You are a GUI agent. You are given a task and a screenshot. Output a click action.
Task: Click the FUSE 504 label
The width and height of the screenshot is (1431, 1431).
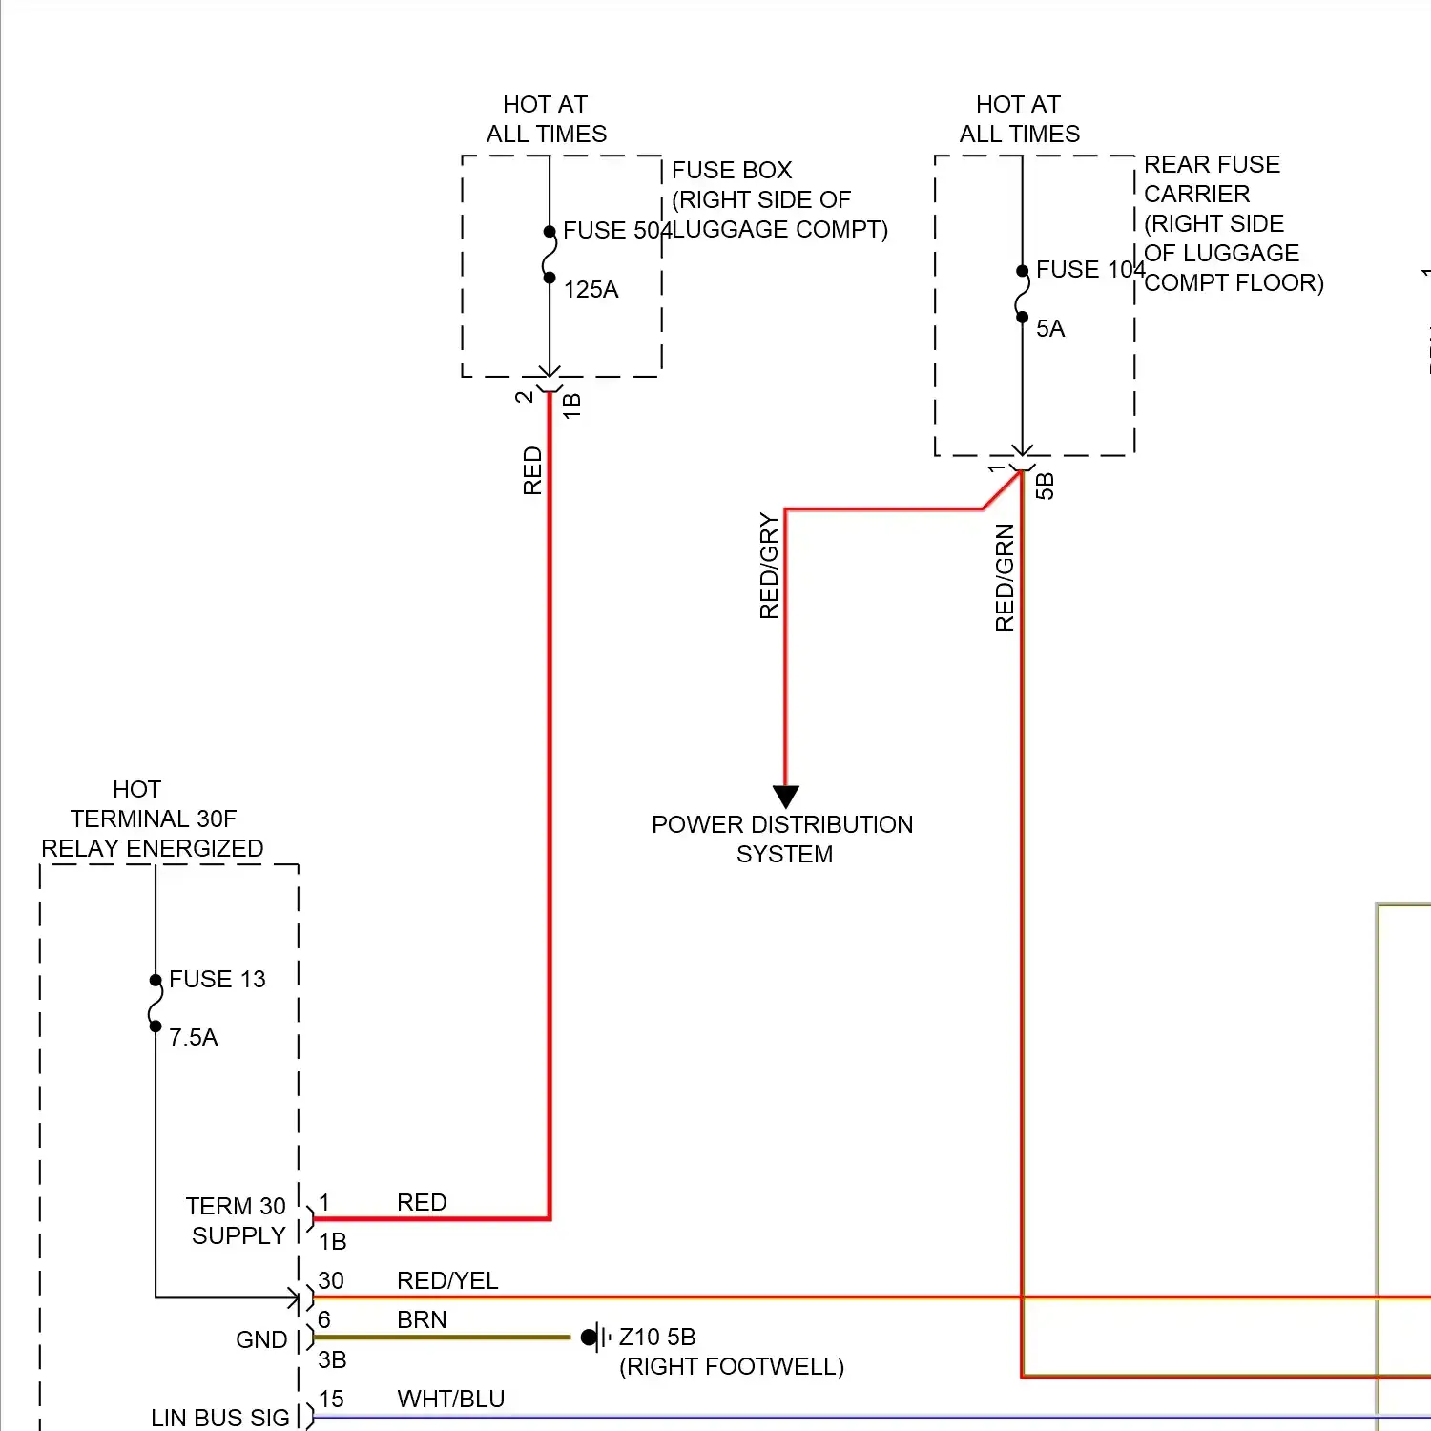tap(616, 231)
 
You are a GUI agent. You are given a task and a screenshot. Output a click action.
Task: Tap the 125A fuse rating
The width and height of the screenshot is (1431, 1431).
tap(591, 290)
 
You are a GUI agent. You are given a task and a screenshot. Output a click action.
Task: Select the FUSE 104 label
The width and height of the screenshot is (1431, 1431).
tap(1089, 270)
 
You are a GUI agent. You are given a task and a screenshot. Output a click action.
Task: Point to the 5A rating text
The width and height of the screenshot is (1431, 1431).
tap(1049, 329)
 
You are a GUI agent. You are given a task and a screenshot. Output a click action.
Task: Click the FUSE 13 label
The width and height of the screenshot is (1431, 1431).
tap(217, 980)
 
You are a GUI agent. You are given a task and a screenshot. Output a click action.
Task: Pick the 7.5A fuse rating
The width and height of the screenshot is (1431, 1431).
tap(193, 1038)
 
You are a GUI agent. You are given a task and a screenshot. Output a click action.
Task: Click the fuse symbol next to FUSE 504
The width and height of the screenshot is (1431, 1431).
tap(550, 255)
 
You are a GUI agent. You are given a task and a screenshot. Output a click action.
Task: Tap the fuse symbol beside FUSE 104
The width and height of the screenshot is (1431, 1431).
tap(1022, 294)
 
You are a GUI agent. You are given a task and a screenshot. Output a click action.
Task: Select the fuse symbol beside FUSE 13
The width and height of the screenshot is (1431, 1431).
tap(156, 1003)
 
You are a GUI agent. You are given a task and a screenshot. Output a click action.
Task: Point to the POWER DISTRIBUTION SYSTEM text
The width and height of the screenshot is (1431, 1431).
tap(782, 840)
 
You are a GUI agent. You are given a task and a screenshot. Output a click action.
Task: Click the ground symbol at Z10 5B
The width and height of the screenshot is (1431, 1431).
tap(594, 1338)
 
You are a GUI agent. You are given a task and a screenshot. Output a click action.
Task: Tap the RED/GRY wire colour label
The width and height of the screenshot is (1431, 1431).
tap(769, 566)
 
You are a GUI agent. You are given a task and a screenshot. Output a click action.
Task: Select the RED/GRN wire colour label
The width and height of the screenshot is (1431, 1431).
tap(1005, 577)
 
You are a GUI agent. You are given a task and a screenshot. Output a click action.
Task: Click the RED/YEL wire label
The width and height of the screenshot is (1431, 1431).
tap(447, 1280)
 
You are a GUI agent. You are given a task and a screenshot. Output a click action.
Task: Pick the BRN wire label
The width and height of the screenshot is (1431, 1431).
tap(422, 1320)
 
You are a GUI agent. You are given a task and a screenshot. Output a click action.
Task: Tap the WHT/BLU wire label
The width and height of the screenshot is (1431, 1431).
tap(450, 1400)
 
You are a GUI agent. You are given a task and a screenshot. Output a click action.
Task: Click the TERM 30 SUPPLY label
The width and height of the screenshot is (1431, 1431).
tap(237, 1221)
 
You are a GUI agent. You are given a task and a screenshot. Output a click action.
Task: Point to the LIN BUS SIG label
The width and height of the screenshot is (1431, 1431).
tap(219, 1418)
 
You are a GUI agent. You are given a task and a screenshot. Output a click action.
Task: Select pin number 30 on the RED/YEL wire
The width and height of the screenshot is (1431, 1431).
tap(331, 1280)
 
